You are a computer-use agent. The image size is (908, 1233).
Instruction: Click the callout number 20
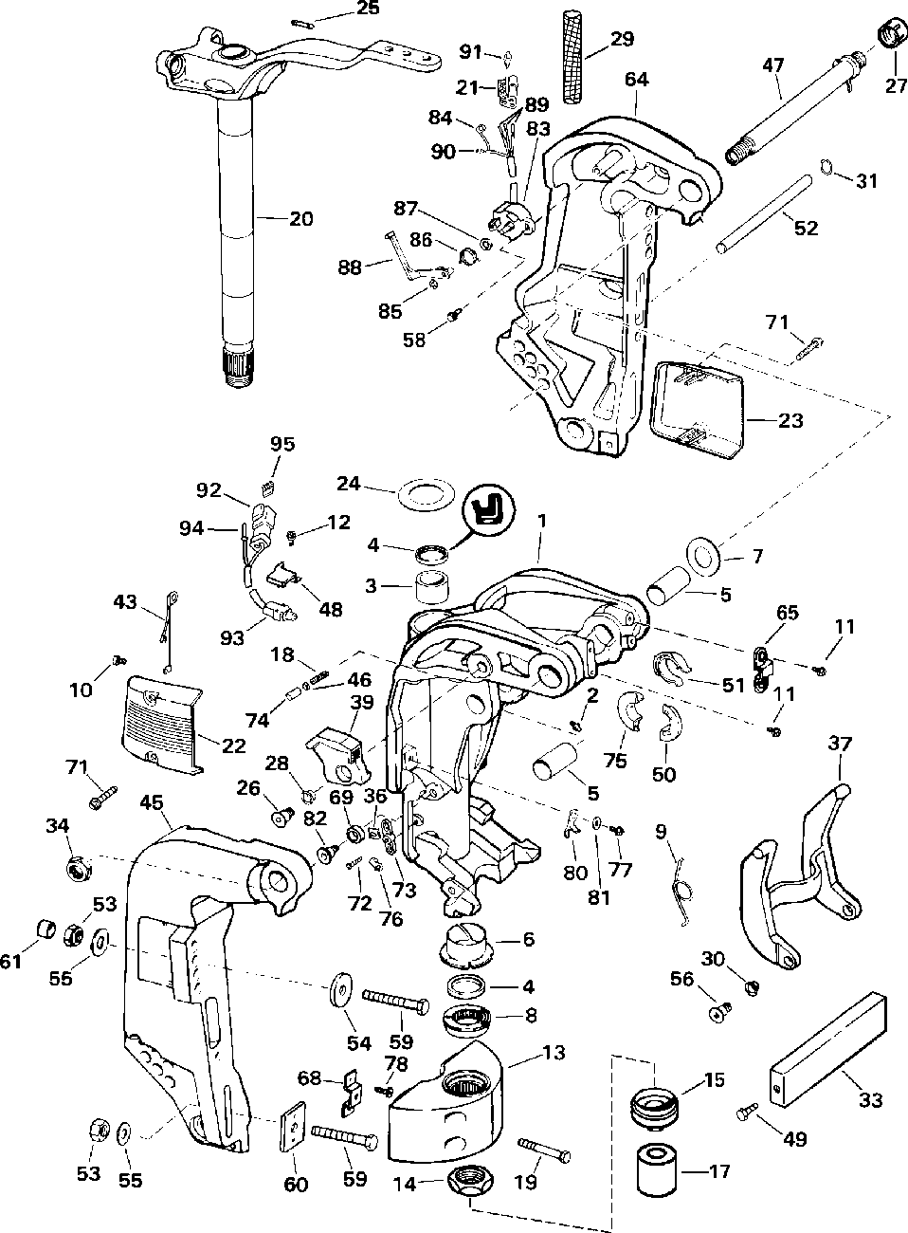(x=300, y=219)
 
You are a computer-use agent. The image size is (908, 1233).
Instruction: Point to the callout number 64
(x=636, y=80)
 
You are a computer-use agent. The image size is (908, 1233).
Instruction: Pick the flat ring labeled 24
(x=426, y=494)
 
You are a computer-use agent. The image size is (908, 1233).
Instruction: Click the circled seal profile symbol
(x=488, y=511)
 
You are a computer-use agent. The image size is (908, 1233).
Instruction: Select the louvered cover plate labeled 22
(x=162, y=724)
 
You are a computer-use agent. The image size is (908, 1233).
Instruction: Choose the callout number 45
(x=152, y=802)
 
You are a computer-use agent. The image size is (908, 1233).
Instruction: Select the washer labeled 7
(x=704, y=557)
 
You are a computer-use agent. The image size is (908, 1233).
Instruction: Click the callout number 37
(x=839, y=745)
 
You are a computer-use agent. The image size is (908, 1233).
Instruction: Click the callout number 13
(x=554, y=1053)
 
